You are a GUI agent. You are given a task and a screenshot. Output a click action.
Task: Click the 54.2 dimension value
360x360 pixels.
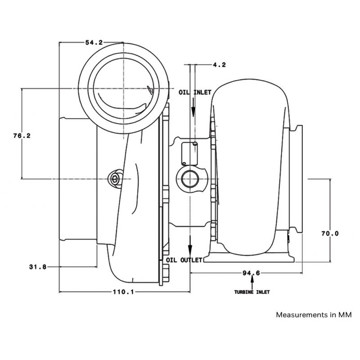click(x=94, y=42)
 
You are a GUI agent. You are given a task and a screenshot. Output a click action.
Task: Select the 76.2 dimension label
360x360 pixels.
click(x=22, y=136)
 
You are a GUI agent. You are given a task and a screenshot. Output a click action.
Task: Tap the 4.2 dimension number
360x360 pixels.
click(x=219, y=65)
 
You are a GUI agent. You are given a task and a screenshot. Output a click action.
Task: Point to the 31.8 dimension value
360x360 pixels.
click(x=38, y=267)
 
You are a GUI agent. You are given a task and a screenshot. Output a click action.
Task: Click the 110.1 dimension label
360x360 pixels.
click(x=123, y=292)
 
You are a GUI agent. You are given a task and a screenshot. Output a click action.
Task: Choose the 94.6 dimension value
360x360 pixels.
click(x=252, y=273)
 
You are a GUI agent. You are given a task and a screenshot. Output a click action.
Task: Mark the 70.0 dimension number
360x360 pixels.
click(x=330, y=234)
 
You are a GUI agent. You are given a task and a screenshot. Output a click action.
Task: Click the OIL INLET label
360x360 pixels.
click(x=195, y=92)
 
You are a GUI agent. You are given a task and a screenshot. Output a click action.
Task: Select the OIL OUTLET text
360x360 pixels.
click(x=184, y=260)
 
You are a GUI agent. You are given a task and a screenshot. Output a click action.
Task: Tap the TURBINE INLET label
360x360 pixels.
click(x=252, y=292)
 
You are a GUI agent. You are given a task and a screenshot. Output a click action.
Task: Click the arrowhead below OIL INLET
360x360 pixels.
click(x=193, y=112)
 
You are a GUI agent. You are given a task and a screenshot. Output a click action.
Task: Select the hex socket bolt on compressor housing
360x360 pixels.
click(x=115, y=179)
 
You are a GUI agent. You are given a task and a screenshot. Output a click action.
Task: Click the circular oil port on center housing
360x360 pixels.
click(x=190, y=179)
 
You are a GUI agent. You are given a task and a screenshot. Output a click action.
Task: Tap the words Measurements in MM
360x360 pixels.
click(x=314, y=315)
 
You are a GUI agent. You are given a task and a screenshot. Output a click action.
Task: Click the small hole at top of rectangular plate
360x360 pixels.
click(x=195, y=144)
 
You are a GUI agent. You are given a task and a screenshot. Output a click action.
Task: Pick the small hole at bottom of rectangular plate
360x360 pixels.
click(x=184, y=163)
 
